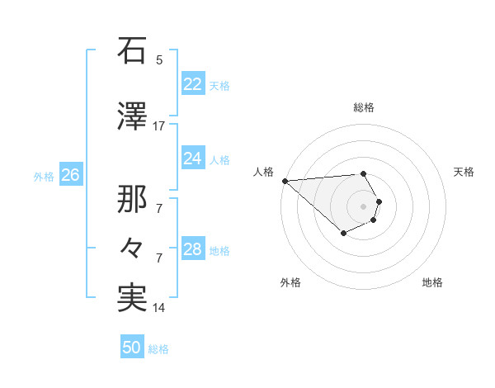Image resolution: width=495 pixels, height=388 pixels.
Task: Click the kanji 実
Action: tap(132, 299)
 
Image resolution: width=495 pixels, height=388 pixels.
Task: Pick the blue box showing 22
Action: tap(192, 84)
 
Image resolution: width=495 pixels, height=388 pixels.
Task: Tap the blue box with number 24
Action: tap(192, 159)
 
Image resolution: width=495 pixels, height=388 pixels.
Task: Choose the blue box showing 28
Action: tap(192, 249)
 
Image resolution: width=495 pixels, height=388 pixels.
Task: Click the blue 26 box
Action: tap(71, 175)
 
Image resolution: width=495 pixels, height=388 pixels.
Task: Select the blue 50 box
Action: tap(132, 348)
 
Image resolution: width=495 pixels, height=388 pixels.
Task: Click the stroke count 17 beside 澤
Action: tap(159, 126)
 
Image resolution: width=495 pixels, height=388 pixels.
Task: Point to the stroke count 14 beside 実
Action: tap(159, 308)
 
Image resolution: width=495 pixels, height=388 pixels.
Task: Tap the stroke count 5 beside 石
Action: tap(159, 59)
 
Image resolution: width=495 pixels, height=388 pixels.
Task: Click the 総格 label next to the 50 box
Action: tap(158, 349)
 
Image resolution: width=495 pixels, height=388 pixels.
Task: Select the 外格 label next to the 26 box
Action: tap(44, 176)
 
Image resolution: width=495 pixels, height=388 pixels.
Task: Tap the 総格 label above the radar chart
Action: tap(363, 107)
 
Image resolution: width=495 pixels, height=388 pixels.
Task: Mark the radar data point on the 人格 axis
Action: tap(285, 181)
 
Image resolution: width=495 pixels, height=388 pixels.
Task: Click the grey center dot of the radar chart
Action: tap(363, 206)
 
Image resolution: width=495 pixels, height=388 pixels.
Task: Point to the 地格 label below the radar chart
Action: tap(432, 282)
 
